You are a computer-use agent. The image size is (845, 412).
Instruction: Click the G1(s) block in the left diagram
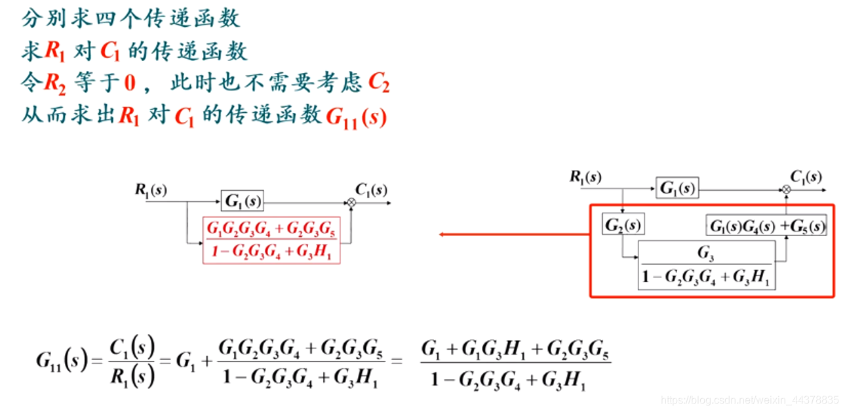pos(243,201)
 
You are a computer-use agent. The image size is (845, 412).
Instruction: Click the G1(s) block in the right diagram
pos(677,188)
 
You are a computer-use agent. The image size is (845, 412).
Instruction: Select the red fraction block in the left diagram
pos(272,240)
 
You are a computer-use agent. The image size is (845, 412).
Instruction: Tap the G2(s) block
pos(623,225)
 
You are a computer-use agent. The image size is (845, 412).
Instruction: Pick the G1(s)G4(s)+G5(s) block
pos(766,225)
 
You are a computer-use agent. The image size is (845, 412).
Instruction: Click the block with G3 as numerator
pos(706,265)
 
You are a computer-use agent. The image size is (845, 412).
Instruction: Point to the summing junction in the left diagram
pos(351,203)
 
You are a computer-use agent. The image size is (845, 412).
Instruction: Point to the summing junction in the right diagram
pos(787,189)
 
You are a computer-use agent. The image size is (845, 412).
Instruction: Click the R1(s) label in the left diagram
pos(151,190)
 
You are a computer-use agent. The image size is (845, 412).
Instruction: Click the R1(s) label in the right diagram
pos(585,176)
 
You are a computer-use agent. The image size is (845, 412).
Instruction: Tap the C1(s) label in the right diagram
pos(806,176)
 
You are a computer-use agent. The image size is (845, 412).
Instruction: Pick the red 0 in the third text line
pos(130,83)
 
